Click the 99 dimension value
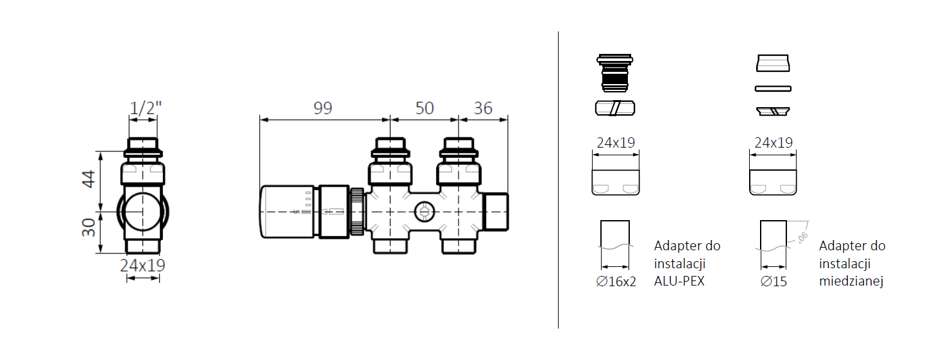[323, 108]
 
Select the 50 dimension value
[425, 108]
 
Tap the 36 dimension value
[483, 108]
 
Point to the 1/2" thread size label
[146, 108]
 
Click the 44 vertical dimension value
[89, 179]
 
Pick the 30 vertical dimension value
[89, 228]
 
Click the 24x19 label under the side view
[142, 265]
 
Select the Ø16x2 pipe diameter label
[616, 282]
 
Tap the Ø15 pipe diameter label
[774, 282]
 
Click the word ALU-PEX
[679, 281]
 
